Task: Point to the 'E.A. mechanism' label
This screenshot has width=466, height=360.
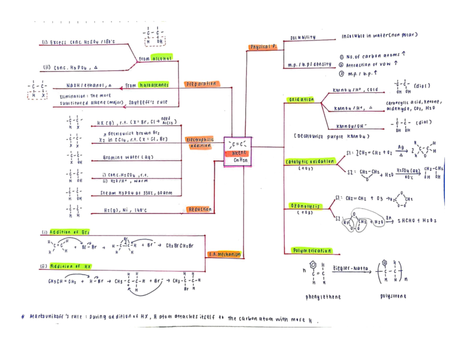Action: [224, 255]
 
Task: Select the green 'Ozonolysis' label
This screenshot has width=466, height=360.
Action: [302, 206]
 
